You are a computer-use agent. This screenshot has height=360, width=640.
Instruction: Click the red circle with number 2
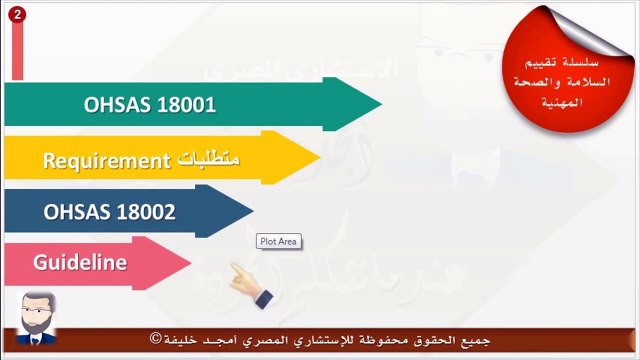[x=18, y=16]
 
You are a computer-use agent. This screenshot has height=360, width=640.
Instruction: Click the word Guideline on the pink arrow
[x=80, y=263]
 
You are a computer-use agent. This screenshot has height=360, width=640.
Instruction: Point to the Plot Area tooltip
[x=278, y=241]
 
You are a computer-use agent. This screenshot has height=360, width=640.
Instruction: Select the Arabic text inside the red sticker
[x=563, y=73]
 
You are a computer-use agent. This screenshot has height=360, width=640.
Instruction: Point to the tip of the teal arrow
[x=379, y=103]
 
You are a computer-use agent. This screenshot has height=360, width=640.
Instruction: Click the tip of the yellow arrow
[x=317, y=158]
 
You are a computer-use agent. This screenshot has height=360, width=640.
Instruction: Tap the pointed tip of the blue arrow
[x=252, y=211]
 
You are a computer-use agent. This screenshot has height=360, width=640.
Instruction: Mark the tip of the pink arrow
[x=189, y=263]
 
